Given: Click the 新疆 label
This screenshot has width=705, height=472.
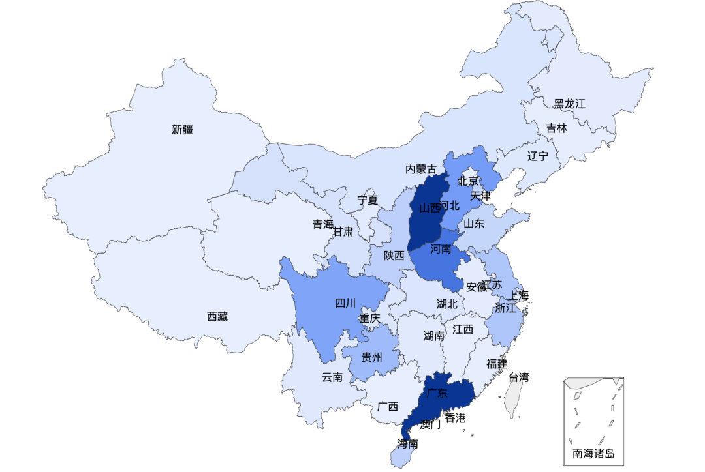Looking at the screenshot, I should pos(183,130).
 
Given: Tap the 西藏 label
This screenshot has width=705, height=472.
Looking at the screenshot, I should pos(217,317).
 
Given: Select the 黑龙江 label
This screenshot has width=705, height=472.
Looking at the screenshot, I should pos(569,104).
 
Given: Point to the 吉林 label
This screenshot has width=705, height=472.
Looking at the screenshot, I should pos(557,128).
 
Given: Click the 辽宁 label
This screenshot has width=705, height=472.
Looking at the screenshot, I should pos(538,156).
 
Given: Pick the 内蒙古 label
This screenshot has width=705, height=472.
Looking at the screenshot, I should pos(421,170).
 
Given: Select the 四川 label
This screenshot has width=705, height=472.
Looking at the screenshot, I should pos(345,303).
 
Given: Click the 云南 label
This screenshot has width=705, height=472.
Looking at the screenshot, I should pos(332,377).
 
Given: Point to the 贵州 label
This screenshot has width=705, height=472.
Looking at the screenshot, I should pos(372,357).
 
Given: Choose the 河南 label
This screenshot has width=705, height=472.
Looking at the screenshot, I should pos(441,249).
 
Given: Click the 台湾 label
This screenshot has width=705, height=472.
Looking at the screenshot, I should pos(518,377).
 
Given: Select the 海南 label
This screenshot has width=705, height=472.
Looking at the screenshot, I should pos(408,445).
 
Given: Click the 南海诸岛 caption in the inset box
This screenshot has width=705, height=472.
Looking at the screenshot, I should pos(593,454).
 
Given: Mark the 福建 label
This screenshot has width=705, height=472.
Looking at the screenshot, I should pos(497,364).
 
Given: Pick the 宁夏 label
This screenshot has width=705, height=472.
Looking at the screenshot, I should pos(368,200).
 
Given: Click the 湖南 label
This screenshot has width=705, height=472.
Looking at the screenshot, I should pos(434,336).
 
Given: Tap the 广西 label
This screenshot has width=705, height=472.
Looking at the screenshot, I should pos(388,407).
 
